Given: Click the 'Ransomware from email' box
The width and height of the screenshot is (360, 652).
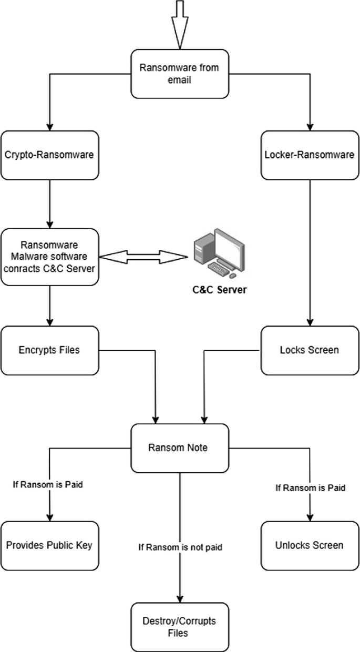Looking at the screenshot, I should coord(180,74).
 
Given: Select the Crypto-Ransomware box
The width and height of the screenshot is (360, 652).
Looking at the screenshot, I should coord(49,155).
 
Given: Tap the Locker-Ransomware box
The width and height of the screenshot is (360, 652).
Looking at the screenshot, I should coord(310,155).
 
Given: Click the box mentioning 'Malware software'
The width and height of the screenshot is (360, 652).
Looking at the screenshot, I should coord(49,257).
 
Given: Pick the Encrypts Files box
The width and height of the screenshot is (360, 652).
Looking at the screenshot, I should coord(49,350).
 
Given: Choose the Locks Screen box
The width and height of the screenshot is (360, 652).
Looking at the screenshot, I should coord(310,350).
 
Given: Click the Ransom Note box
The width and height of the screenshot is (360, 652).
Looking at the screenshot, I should coord(180,448).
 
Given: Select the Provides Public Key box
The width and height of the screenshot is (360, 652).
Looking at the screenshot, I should coord(49,545).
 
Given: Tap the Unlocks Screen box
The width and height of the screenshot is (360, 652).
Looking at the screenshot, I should coord(310,545).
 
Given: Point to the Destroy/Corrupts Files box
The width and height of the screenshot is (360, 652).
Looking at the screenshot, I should coord(180,628).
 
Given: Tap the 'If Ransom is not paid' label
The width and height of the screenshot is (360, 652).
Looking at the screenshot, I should coord(180,547).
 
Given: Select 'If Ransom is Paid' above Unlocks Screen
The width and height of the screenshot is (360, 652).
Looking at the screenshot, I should coord(310,487).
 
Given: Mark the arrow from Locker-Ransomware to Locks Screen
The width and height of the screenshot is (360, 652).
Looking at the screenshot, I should coord(310,252).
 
